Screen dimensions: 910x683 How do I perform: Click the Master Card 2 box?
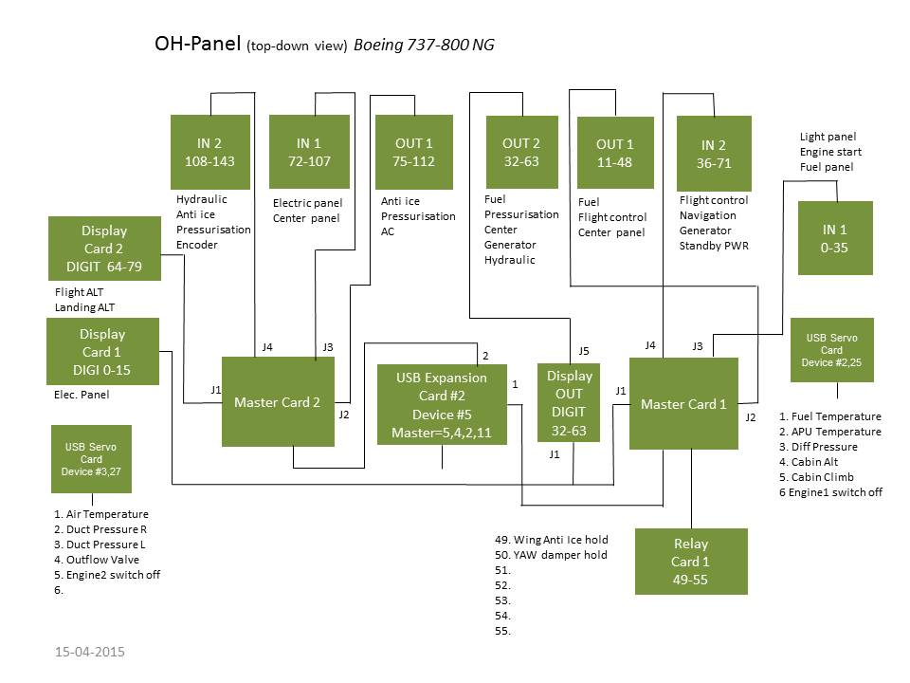click(278, 402)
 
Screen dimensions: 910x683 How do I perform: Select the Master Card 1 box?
click(683, 404)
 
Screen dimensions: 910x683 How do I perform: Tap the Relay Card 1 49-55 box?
click(691, 562)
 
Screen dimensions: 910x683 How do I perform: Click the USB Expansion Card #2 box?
click(442, 405)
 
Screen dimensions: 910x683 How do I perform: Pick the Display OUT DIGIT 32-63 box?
click(569, 403)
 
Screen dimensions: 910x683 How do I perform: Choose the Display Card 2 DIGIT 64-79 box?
click(104, 249)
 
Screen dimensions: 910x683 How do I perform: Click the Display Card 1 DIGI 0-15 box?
click(102, 351)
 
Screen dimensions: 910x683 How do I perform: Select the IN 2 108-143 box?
click(210, 152)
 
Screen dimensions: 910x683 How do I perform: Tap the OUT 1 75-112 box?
click(414, 152)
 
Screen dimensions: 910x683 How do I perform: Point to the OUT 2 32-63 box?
click(521, 152)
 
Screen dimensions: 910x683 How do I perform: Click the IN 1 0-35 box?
click(835, 238)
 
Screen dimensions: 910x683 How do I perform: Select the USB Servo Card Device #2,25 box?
click(831, 350)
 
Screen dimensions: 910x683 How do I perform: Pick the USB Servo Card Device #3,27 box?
click(91, 459)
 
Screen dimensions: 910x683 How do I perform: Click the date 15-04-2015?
click(90, 652)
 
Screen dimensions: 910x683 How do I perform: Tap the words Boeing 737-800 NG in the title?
click(424, 45)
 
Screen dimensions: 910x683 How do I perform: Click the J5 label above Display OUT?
click(584, 351)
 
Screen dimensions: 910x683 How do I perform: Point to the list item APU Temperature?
click(830, 432)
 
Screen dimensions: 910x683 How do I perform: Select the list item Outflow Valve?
click(97, 560)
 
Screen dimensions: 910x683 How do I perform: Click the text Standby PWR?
click(714, 246)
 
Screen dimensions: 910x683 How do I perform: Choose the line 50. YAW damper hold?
click(551, 555)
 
